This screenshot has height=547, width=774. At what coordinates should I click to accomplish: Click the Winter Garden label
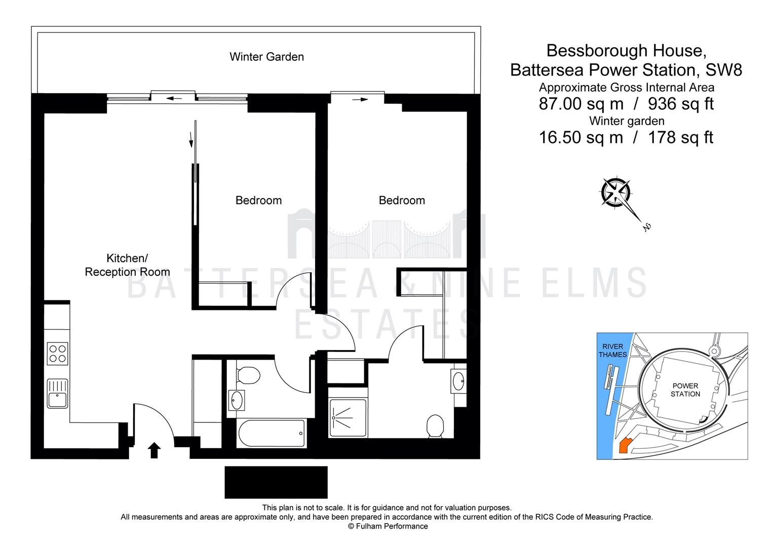[267, 57]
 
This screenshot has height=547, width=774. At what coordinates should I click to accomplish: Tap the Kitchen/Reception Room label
[127, 265]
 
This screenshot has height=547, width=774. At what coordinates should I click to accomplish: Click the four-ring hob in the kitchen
[57, 354]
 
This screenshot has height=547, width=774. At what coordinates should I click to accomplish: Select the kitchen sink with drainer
[57, 394]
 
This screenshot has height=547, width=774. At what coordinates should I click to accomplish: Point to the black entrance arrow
[154, 451]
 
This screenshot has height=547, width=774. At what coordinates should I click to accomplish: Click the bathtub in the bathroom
[272, 434]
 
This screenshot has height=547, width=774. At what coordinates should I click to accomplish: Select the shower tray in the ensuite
[347, 418]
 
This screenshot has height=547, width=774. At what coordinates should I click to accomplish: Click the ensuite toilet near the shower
[436, 426]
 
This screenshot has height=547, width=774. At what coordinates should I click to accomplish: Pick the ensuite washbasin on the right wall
[458, 381]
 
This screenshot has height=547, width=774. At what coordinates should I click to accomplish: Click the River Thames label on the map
[612, 350]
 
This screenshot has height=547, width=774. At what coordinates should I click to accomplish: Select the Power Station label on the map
[685, 390]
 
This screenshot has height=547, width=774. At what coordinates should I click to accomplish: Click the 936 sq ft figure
[680, 104]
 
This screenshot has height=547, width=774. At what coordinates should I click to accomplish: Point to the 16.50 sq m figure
[581, 137]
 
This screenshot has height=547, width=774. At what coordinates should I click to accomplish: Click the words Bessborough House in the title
[626, 51]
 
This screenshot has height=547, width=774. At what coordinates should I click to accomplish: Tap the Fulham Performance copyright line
[388, 526]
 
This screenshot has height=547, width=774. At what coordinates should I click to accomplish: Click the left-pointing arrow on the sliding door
[174, 98]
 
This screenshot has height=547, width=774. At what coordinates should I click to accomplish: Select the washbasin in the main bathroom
[237, 400]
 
